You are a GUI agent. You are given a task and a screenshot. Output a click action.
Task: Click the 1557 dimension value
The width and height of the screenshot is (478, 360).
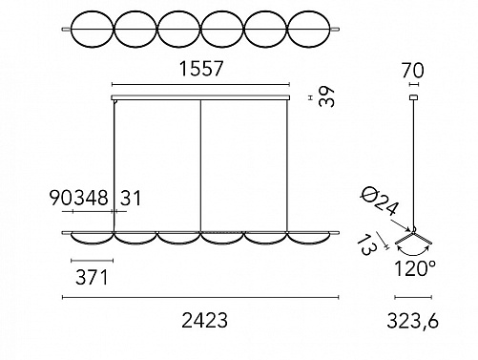[x=201, y=69]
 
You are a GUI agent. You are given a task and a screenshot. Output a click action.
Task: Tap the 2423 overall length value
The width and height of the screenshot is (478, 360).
[x=204, y=320]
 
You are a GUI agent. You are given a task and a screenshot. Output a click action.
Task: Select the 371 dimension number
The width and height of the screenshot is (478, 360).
[x=92, y=277]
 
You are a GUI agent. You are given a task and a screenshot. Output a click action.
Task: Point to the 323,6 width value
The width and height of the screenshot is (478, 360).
[x=412, y=321]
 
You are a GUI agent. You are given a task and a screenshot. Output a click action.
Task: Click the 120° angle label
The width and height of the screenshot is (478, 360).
[x=414, y=268]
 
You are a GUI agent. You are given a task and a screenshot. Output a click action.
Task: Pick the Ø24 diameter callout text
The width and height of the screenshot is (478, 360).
[x=379, y=201]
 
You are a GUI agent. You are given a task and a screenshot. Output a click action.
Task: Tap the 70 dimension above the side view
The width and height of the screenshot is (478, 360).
[x=413, y=71]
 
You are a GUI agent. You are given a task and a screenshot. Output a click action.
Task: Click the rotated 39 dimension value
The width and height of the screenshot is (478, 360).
[x=327, y=96]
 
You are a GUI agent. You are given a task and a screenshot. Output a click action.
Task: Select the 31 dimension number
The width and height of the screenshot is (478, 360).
[x=131, y=198]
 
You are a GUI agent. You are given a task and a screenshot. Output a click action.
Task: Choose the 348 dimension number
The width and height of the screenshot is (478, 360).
[x=92, y=198]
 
